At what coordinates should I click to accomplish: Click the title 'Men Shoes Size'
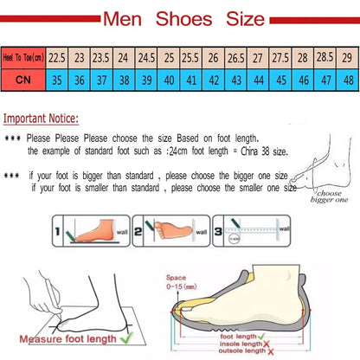tap(180, 16)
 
